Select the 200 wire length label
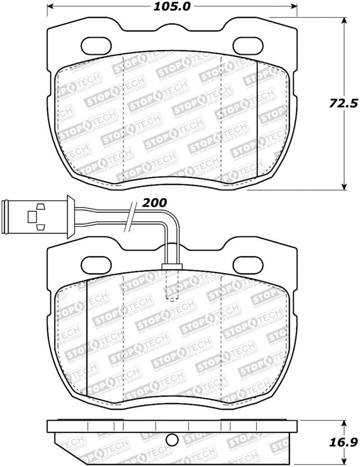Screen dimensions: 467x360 point(154,203)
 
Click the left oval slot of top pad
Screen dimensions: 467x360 point(97,44)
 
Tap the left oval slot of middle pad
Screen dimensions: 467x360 point(97,263)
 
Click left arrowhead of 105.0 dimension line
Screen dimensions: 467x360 point(50,6)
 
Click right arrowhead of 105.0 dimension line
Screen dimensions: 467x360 point(294,6)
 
